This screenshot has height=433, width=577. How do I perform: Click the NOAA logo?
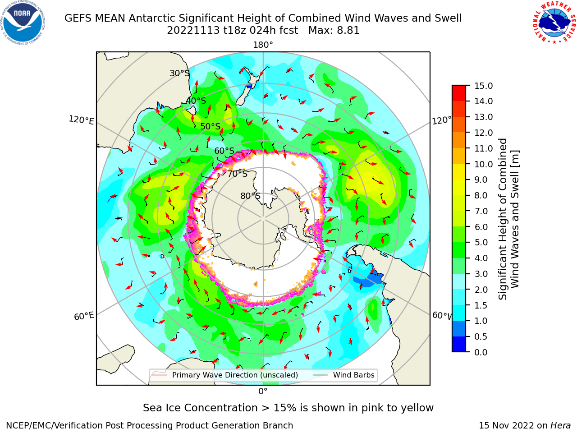(x=23, y=23)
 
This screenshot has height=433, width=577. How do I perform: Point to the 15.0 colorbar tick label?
(x=483, y=86)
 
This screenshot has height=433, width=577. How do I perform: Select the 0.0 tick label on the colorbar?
(x=481, y=352)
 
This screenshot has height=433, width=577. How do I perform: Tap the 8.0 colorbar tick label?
(x=481, y=195)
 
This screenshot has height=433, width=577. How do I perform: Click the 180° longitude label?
(x=263, y=45)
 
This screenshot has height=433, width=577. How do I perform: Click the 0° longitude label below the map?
(x=263, y=392)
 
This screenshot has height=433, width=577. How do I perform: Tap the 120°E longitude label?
(x=81, y=120)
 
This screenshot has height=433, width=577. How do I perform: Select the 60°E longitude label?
(x=84, y=316)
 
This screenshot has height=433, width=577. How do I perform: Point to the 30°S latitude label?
(x=179, y=73)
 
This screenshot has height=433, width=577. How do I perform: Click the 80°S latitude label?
(x=250, y=196)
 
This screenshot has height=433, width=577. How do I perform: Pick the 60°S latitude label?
(x=224, y=151)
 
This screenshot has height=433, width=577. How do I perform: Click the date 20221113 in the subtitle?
(x=193, y=30)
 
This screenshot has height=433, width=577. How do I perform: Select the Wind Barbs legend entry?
(x=343, y=375)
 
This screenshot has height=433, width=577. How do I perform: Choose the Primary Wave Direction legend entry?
(x=225, y=375)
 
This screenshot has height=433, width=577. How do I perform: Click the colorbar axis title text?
(x=508, y=219)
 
